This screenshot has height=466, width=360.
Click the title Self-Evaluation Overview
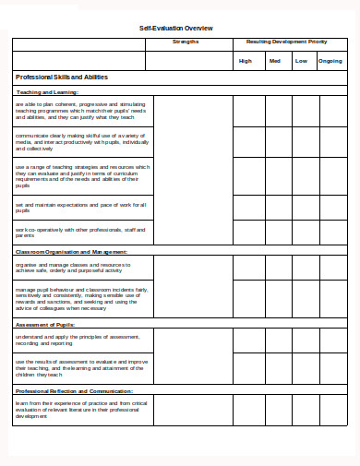tap(175, 29)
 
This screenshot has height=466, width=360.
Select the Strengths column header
tap(186, 42)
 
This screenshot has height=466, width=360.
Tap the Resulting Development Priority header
tap(286, 42)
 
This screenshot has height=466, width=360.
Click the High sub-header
tap(246, 61)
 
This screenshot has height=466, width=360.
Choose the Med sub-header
tap(274, 61)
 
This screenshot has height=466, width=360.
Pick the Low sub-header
tap(301, 61)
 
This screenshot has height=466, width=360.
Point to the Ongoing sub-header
tap(330, 61)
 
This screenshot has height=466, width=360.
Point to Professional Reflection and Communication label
tap(75, 391)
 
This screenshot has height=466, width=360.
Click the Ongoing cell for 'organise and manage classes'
tap(330, 268)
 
